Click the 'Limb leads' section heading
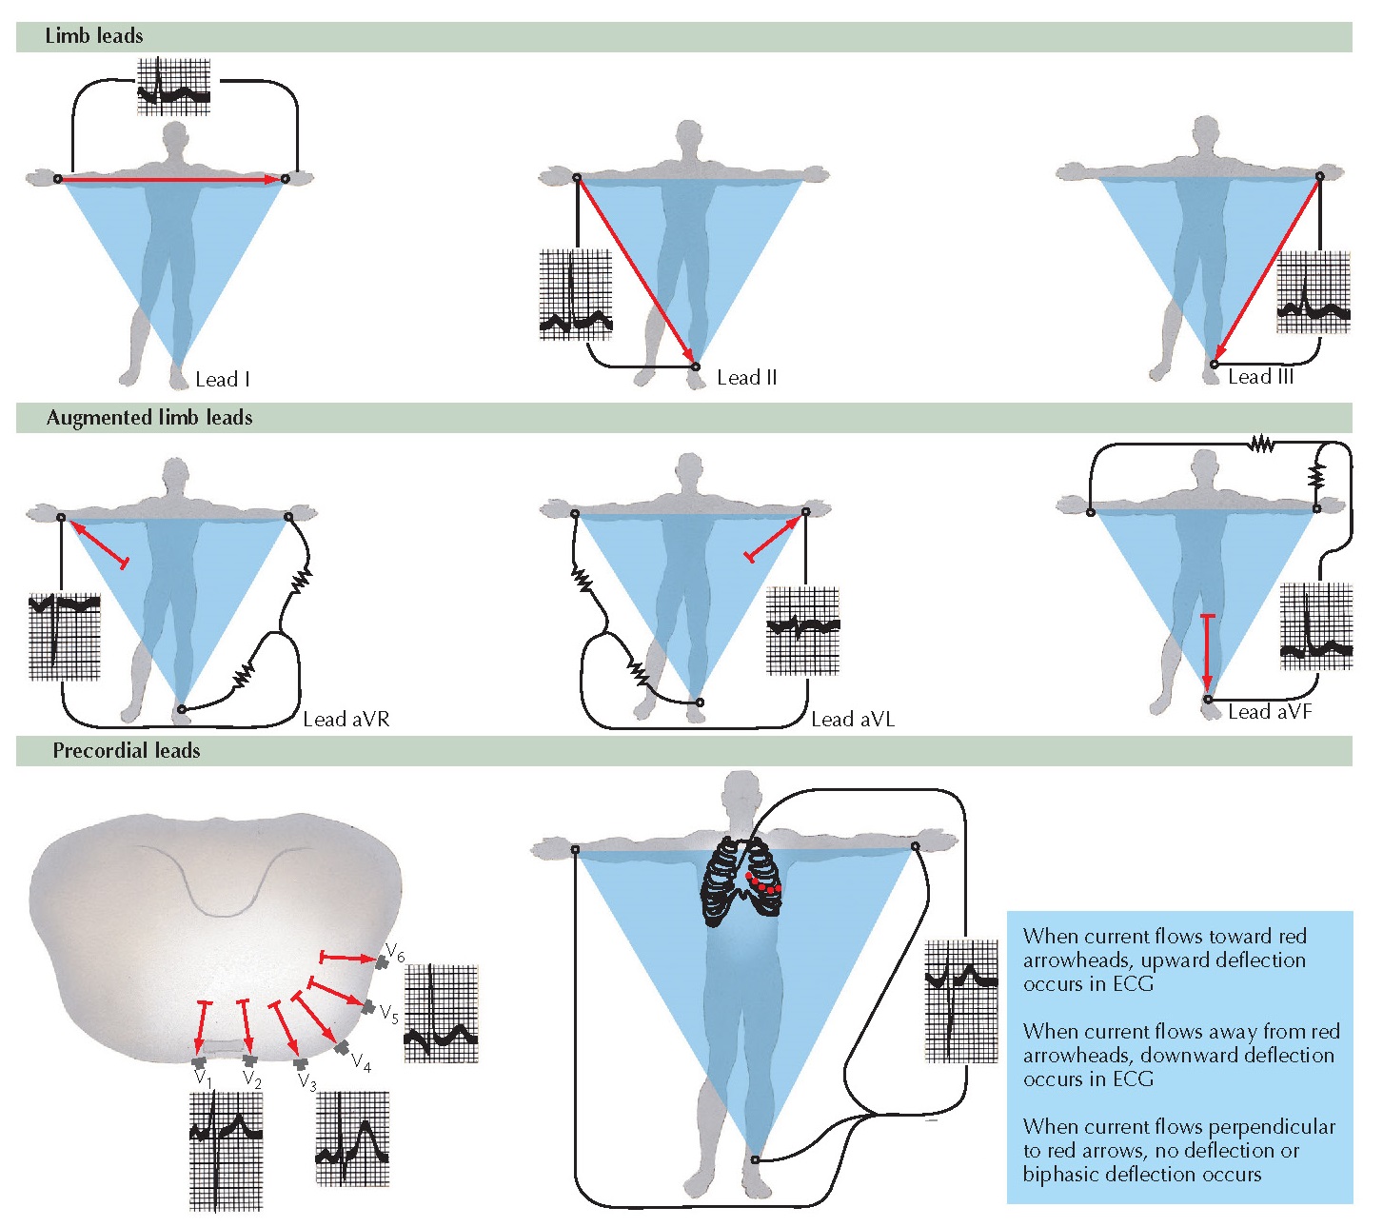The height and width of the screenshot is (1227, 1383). (x=94, y=36)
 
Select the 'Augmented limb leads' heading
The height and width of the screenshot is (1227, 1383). (x=149, y=418)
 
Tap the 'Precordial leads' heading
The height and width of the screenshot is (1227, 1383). (x=127, y=751)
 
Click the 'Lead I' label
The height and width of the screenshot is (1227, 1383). (x=223, y=380)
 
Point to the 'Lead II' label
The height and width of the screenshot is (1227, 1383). (x=746, y=378)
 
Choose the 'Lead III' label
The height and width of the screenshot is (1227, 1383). (x=1260, y=377)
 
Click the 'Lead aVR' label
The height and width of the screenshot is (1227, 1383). (x=346, y=720)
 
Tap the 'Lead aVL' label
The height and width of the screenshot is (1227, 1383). (x=852, y=720)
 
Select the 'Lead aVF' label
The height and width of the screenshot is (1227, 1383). (x=1269, y=712)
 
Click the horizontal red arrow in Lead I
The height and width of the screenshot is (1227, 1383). (x=171, y=179)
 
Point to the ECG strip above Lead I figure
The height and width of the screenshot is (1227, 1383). (x=173, y=87)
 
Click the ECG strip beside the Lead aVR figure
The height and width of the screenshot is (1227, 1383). (x=65, y=637)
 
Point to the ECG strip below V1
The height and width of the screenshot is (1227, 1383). (x=226, y=1150)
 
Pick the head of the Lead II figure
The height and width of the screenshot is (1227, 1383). (x=689, y=139)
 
